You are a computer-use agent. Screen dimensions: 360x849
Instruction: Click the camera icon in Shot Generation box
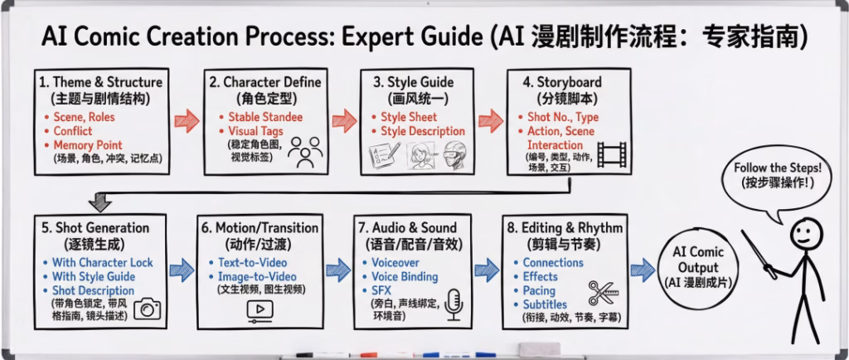[x=147, y=309]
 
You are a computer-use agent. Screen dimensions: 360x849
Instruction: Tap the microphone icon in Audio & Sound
[x=454, y=304]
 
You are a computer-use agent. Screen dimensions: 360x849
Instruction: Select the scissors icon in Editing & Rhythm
[x=604, y=294]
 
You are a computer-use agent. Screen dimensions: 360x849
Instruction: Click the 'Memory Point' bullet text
[x=87, y=145]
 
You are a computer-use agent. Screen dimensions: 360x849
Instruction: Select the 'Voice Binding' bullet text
[x=405, y=277]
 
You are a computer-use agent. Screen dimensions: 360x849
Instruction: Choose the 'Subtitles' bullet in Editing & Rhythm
[x=545, y=304]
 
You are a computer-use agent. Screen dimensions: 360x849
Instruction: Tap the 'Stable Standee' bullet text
[x=265, y=117]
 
